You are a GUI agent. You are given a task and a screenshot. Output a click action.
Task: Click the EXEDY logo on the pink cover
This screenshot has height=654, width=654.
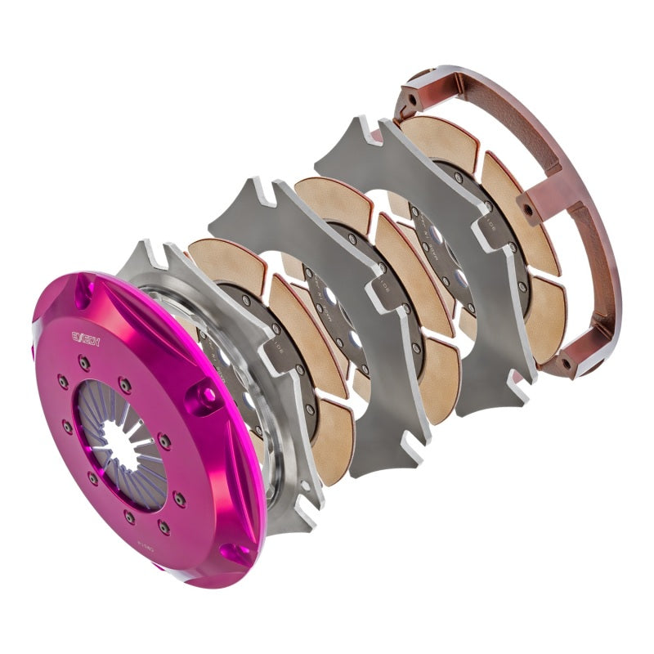coord(84,336)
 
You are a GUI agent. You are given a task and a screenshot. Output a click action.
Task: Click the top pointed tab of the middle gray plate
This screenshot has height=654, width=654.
coord(242,195)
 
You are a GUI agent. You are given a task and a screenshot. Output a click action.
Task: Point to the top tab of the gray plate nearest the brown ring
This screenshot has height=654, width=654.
coord(350,132)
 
